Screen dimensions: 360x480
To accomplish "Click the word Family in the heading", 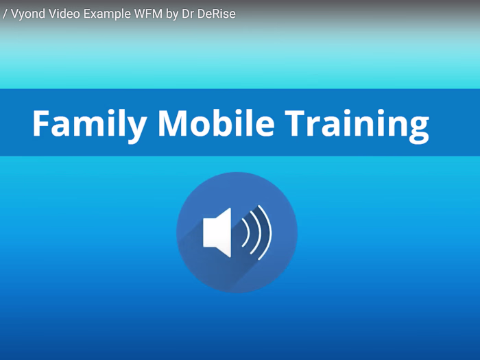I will [x=89, y=123].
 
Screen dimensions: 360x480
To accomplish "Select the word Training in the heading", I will [x=357, y=123].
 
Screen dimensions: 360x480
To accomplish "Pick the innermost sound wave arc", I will [x=245, y=232].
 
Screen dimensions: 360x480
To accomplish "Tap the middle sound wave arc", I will [x=256, y=232].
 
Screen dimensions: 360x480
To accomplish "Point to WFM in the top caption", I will [x=142, y=14].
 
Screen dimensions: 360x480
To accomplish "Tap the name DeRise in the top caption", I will [x=217, y=14].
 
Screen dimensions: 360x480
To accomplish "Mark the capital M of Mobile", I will [x=171, y=123].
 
